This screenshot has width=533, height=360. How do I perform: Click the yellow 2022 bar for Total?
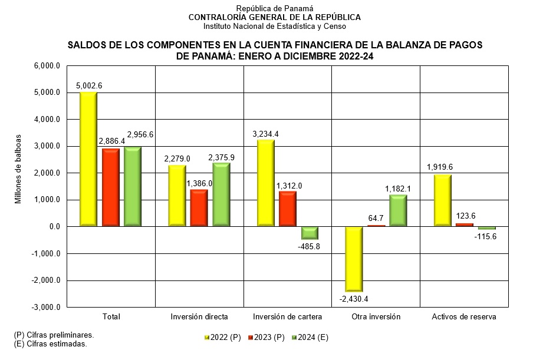(x=88, y=159)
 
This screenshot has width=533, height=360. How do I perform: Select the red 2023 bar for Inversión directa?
(x=199, y=208)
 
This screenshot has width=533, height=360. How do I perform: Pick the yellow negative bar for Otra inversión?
(x=354, y=259)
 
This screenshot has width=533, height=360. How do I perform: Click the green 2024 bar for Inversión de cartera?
(x=310, y=233)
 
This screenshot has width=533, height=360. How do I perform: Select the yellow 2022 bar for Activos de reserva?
(x=442, y=200)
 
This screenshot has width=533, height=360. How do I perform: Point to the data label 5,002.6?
(x=89, y=85)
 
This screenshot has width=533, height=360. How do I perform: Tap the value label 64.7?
(x=376, y=219)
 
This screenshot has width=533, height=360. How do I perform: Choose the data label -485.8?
(x=310, y=246)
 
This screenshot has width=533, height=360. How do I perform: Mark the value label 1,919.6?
(x=442, y=167)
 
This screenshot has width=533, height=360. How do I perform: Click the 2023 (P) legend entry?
(x=266, y=338)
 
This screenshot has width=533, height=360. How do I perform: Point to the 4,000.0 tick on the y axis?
(x=48, y=119)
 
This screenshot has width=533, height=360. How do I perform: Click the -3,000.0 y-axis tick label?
(x=47, y=308)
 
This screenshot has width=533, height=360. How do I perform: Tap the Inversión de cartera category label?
(x=288, y=317)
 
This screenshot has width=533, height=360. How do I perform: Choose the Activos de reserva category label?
(x=463, y=317)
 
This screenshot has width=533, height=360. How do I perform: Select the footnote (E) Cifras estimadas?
(x=50, y=344)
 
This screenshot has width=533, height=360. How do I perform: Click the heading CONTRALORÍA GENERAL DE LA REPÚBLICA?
(x=274, y=17)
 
